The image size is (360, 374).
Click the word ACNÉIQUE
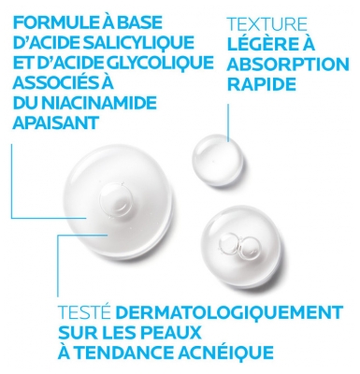point(224,352)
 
